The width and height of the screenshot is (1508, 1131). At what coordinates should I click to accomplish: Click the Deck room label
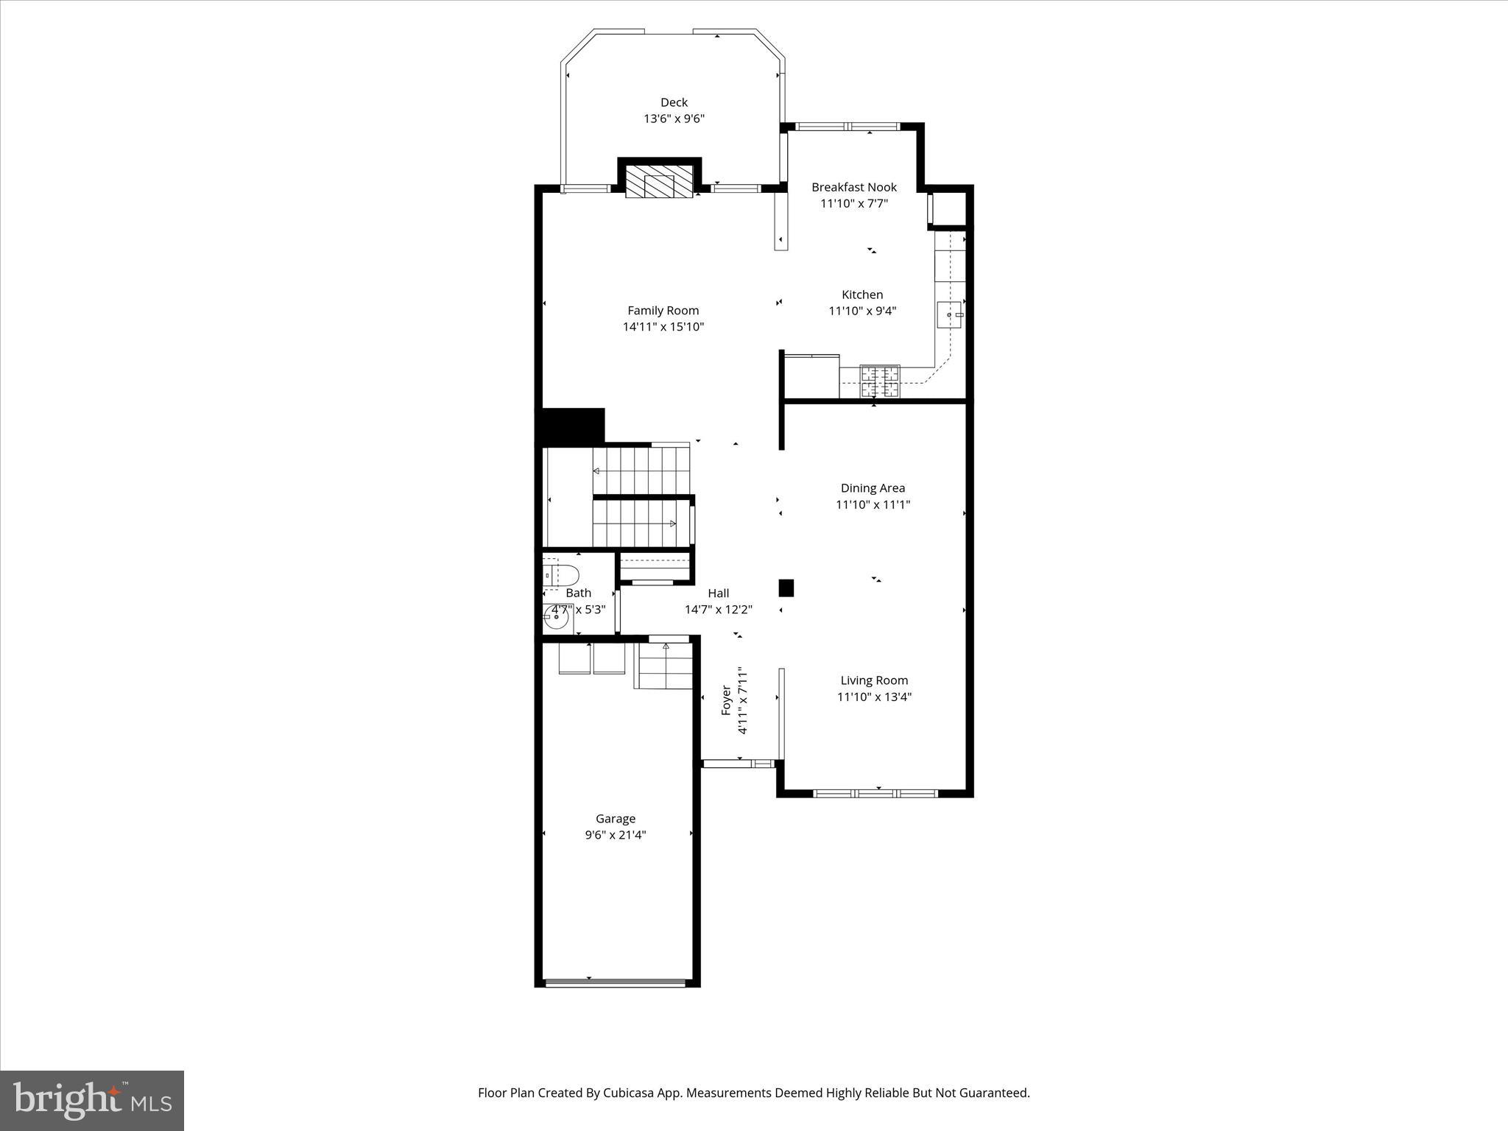674,102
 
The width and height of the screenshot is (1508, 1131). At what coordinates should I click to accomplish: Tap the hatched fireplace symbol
660,181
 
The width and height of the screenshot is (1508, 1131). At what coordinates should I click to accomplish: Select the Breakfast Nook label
854,187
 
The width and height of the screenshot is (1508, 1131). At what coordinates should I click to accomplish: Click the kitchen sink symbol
951,315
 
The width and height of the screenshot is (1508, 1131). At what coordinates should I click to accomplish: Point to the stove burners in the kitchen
881,382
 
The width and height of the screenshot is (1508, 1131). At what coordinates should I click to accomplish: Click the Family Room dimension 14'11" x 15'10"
663,327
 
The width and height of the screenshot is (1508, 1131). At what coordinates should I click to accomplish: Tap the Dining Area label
873,488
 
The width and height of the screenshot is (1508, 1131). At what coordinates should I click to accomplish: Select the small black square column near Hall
786,588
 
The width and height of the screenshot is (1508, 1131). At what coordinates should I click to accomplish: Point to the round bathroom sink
556,620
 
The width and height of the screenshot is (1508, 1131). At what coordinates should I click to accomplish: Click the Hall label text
718,593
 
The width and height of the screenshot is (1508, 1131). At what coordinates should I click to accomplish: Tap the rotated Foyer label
726,700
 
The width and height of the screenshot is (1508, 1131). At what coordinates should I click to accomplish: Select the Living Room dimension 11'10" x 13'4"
874,697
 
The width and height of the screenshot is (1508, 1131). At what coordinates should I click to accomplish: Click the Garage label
616,819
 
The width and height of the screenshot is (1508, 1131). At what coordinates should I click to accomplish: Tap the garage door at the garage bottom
616,982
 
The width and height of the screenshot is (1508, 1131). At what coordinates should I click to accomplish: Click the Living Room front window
875,793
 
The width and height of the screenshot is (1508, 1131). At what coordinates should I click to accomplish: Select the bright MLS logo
92,1100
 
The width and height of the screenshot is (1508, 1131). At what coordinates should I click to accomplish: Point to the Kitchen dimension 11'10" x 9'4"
862,311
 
